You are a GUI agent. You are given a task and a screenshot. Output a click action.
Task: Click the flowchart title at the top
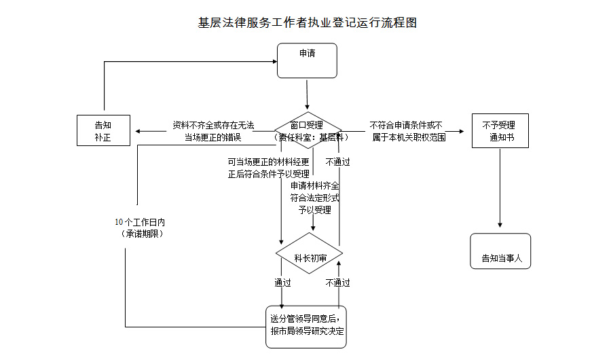(x=307, y=23)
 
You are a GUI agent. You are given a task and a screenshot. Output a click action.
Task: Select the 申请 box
(x=308, y=60)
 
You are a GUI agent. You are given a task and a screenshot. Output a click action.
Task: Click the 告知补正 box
(x=103, y=130)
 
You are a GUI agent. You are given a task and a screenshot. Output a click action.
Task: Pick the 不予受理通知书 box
(x=499, y=130)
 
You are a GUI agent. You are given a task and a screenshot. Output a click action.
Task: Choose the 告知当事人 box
(x=500, y=252)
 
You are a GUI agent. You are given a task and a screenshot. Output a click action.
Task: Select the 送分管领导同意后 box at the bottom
(x=306, y=327)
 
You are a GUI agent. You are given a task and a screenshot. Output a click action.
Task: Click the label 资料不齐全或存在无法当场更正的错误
(x=213, y=131)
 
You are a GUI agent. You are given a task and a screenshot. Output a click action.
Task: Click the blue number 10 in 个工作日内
(x=119, y=222)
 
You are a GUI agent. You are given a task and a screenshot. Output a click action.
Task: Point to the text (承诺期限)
(x=141, y=234)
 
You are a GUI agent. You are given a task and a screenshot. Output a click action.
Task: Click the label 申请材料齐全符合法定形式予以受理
(x=314, y=198)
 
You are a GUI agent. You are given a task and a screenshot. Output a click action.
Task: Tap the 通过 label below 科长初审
(x=282, y=283)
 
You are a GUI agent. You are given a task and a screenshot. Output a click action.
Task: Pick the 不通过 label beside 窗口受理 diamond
(x=337, y=162)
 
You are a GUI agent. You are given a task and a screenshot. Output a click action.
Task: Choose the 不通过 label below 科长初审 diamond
(x=337, y=283)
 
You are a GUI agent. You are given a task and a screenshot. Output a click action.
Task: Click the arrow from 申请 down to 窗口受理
(x=308, y=94)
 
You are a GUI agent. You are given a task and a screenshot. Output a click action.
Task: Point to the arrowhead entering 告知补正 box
(x=136, y=130)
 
